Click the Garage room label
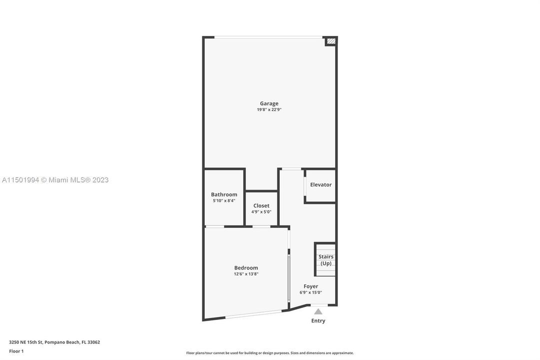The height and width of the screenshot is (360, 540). point(269,103)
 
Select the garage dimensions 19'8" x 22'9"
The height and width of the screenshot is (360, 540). point(269,109)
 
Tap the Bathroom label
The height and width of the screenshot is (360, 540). point(224,194)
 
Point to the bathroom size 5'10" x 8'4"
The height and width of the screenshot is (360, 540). point(224,200)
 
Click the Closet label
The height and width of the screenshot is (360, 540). point(261,205)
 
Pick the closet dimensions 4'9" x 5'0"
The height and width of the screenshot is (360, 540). point(261,211)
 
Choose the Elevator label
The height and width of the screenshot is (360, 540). point(321,184)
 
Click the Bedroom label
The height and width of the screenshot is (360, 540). point(246,267)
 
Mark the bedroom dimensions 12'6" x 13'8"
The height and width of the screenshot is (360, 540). point(246,273)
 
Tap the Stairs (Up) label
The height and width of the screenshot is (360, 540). point(326,260)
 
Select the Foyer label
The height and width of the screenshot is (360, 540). point(311,286)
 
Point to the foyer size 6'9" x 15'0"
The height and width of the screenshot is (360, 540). point(311,292)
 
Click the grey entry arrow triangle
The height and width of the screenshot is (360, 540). point(318,311)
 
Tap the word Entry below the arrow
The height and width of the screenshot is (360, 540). point(318,320)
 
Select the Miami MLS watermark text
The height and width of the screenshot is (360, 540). point(55,180)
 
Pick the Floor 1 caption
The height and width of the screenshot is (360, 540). point(16,351)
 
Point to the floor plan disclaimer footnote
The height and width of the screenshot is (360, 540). point(270,353)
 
